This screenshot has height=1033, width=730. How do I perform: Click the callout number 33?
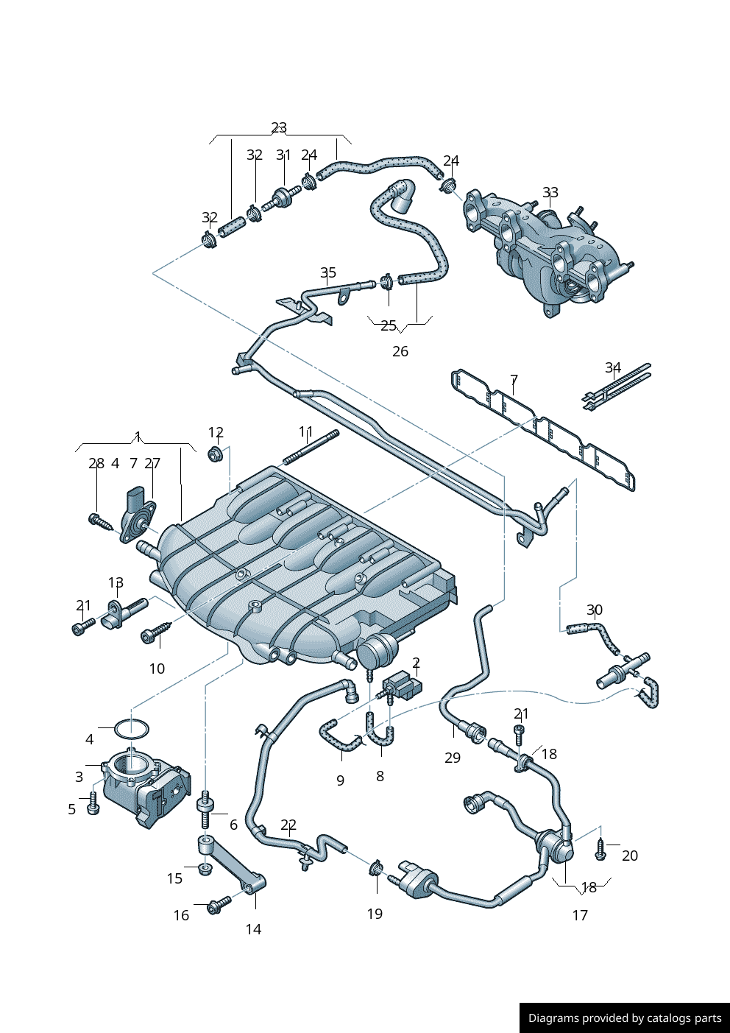pyautogui.click(x=550, y=192)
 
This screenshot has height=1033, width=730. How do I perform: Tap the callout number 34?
pyautogui.click(x=613, y=367)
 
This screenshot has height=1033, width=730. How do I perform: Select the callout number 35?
pyautogui.click(x=328, y=273)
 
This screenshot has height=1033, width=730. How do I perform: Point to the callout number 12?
pyautogui.click(x=216, y=432)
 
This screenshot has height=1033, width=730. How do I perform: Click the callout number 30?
pyautogui.click(x=595, y=610)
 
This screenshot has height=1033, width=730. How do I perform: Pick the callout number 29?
pyautogui.click(x=453, y=758)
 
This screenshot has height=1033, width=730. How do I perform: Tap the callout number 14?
pyautogui.click(x=253, y=929)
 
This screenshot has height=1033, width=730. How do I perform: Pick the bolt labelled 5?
pyautogui.click(x=93, y=805)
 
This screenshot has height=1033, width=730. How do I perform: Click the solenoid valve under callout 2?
pyautogui.click(x=402, y=686)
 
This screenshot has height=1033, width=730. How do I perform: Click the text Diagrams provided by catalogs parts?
pyautogui.click(x=625, y=1018)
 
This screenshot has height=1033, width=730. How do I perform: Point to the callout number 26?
pyautogui.click(x=400, y=351)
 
